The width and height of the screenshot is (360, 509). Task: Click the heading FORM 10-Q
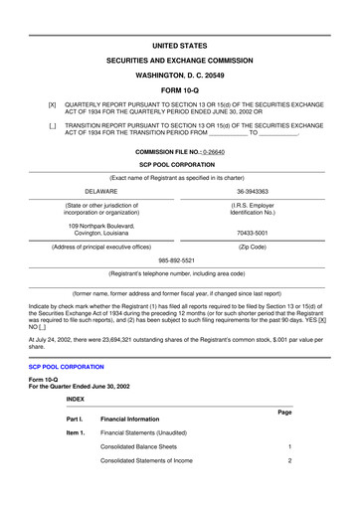180,82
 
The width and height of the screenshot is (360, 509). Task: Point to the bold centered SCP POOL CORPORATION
180,164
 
